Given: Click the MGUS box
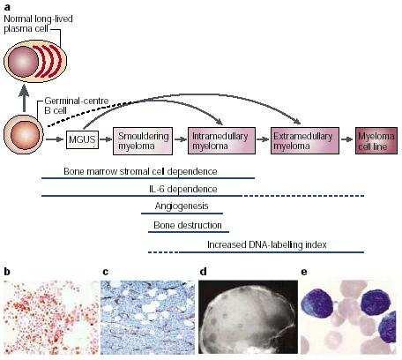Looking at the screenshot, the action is coord(82,139).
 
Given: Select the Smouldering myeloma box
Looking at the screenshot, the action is coord(143,141).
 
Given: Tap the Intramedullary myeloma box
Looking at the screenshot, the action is coord(221,141).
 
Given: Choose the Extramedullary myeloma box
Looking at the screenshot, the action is coord(305,141).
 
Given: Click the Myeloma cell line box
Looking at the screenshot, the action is coord(376,141).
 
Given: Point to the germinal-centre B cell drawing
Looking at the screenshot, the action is coord(24,135).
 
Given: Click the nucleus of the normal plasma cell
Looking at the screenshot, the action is coord(24,61).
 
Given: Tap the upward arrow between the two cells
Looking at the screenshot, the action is coord(24,98).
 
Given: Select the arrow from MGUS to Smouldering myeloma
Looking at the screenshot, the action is coord(106,139).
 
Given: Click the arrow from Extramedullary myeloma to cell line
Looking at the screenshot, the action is coord(347,139).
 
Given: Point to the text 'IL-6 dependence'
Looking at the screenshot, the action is coord(183,189).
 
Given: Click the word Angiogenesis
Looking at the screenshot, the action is coord(182,206).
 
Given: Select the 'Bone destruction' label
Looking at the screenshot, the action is coord(188,225).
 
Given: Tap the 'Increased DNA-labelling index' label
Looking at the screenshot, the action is coord(267,244).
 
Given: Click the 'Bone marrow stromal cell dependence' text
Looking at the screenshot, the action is coord(140,171).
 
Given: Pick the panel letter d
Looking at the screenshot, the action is coord(203,272).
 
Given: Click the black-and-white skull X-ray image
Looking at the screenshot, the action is coord(248,317).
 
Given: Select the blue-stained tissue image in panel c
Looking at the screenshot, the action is coord(147,318).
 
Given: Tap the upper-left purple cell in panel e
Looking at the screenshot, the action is coord(318,304).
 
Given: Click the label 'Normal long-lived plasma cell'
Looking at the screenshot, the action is coord(38,24).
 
